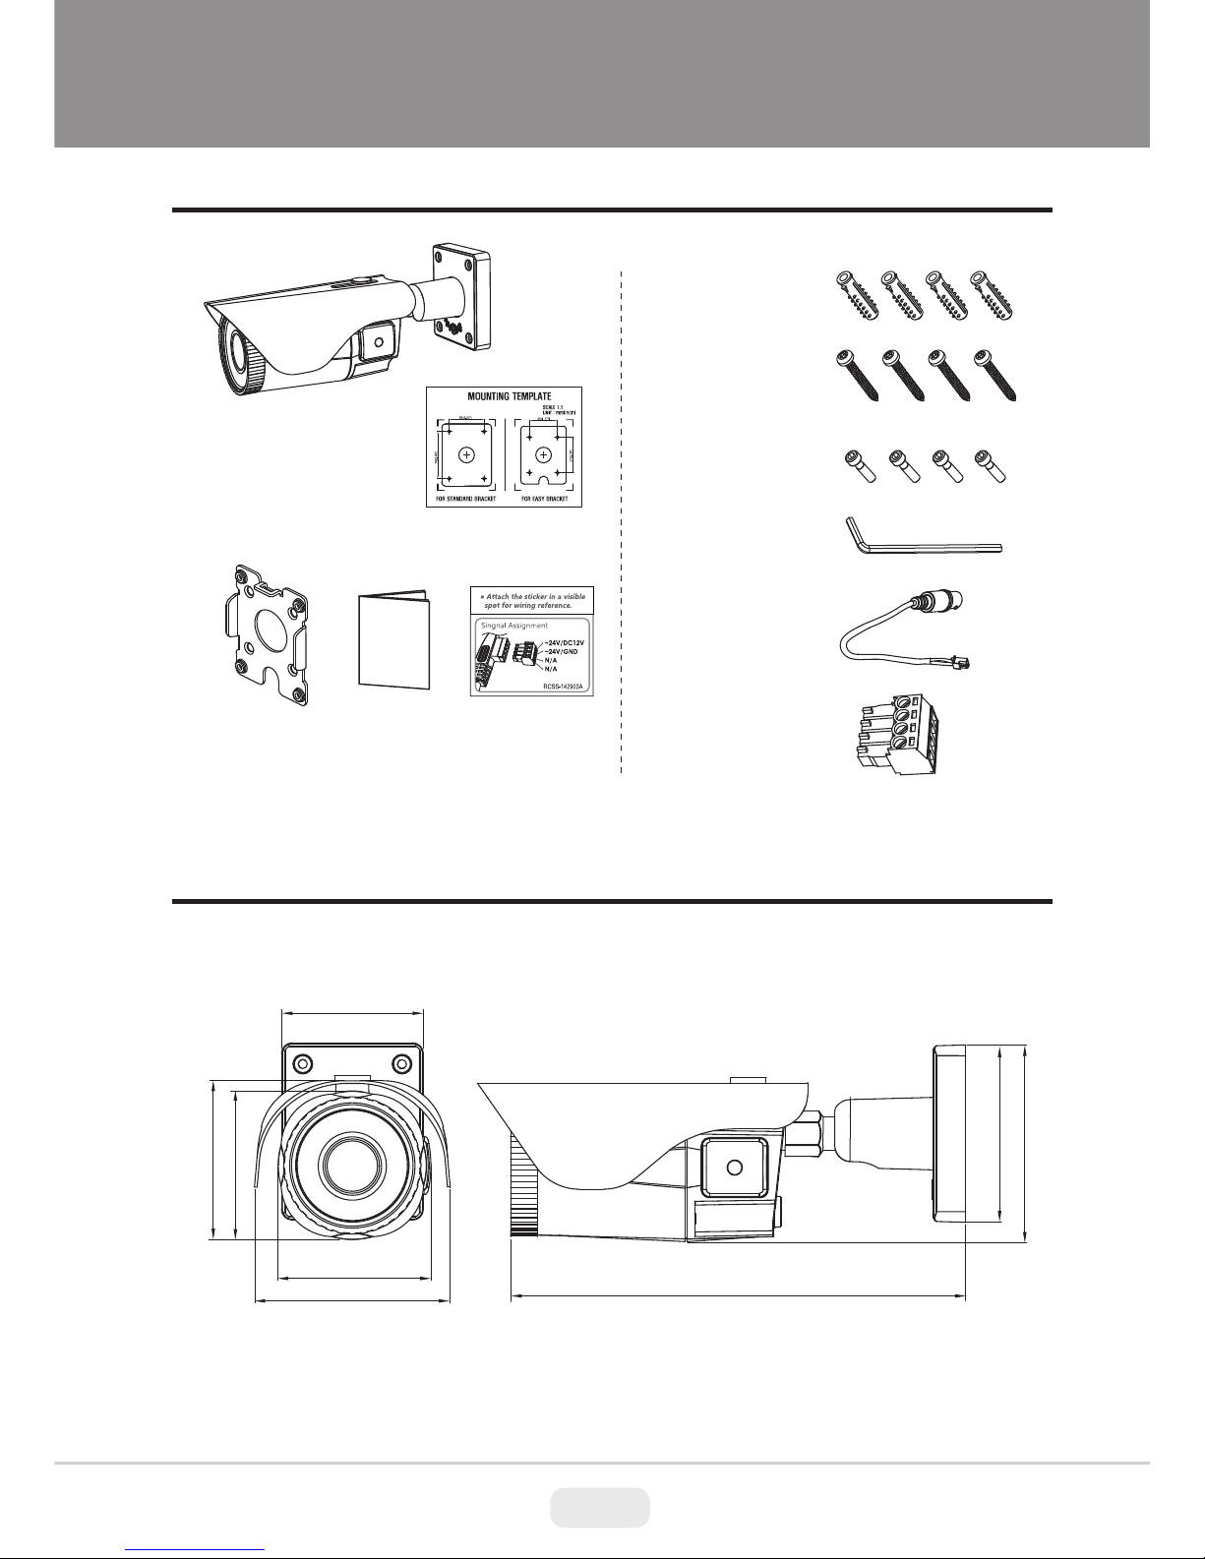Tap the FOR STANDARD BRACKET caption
click(x=465, y=499)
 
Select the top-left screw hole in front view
click(x=302, y=1063)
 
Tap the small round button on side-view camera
click(x=733, y=1168)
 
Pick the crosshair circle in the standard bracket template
click(x=466, y=454)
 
